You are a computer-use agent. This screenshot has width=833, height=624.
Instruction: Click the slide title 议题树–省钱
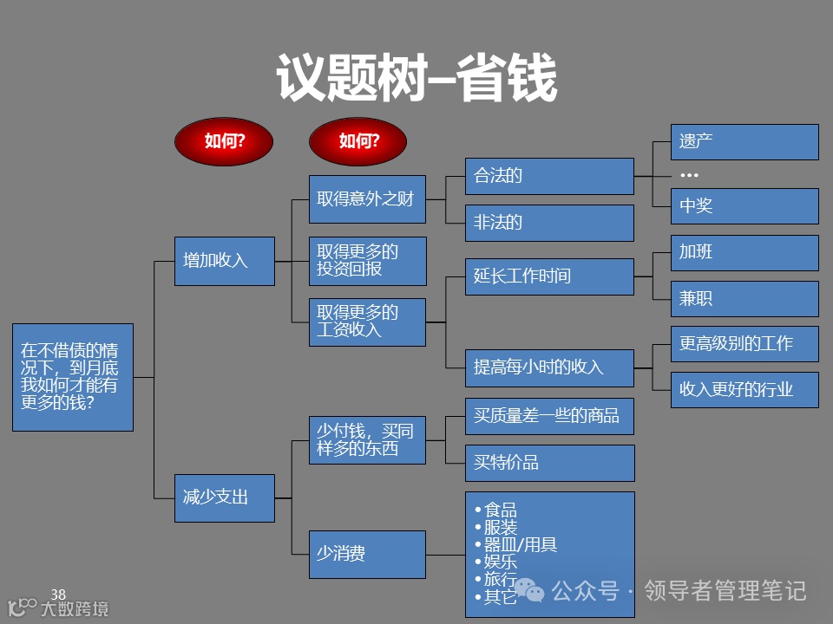(416, 78)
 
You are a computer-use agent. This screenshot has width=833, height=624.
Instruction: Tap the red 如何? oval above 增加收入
(224, 141)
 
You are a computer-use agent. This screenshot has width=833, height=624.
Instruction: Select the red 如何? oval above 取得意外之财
(358, 141)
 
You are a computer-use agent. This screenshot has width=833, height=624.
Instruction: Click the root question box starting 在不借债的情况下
(73, 377)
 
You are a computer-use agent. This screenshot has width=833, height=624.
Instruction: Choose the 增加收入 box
(224, 261)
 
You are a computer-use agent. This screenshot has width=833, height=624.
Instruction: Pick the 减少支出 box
(224, 497)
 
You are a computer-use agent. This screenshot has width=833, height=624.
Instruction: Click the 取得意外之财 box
(367, 199)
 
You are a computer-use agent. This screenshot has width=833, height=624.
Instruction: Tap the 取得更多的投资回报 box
(367, 261)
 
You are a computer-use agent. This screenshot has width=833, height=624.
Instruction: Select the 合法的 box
(549, 176)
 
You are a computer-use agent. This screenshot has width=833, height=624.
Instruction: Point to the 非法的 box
(549, 223)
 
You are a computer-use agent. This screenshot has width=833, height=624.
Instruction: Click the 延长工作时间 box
(549, 276)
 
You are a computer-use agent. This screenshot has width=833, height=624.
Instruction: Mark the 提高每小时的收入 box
(549, 367)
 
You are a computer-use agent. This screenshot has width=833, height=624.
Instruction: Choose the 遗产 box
(744, 141)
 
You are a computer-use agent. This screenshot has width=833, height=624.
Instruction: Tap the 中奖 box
(744, 206)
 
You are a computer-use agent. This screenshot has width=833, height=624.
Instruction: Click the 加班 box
(744, 252)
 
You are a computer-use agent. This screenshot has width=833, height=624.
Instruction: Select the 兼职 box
(744, 299)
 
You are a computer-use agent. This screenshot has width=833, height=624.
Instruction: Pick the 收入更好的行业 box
(744, 390)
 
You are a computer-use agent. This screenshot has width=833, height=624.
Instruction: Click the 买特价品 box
(549, 463)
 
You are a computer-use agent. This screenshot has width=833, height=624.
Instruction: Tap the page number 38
(58, 595)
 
